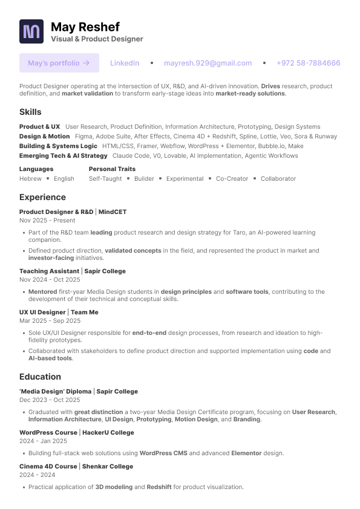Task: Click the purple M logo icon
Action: [x=31, y=31]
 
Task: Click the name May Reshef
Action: [x=85, y=27]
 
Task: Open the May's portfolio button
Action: [x=59, y=63]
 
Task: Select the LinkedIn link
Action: [x=125, y=63]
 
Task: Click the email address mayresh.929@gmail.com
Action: [x=208, y=63]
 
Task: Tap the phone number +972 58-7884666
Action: [x=308, y=63]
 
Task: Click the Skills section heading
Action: [x=30, y=112]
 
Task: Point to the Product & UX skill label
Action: [x=39, y=127]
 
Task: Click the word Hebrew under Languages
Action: [x=30, y=179]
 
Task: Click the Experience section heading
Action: [x=42, y=197]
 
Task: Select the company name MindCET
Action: [x=113, y=212]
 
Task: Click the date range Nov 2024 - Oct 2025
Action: [x=50, y=280]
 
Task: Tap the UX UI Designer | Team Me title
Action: [x=59, y=313]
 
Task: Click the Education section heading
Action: [x=40, y=377]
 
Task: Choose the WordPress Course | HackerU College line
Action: [x=77, y=433]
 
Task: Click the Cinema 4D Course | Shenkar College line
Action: [x=76, y=467]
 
